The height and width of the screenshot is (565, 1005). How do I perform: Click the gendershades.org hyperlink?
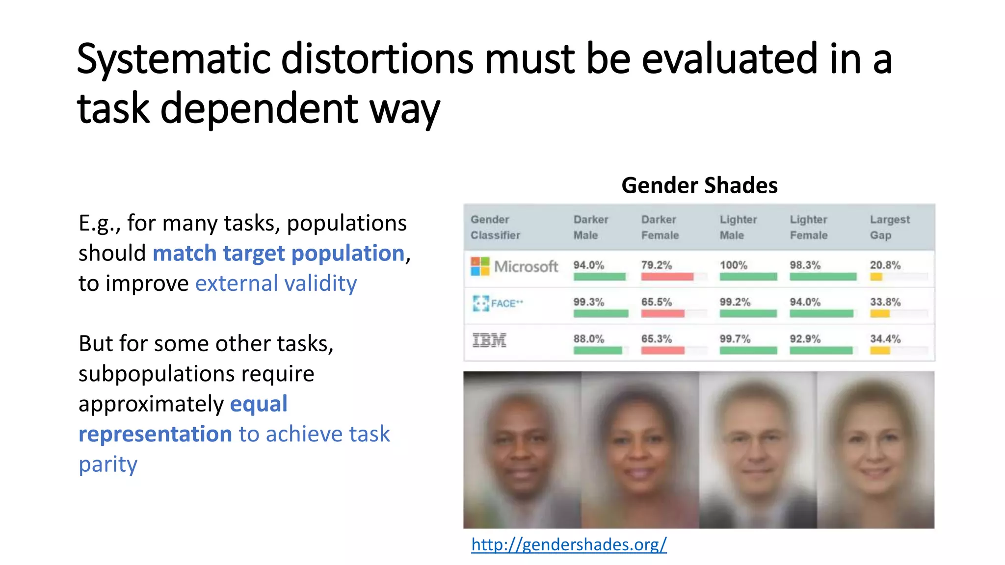(568, 544)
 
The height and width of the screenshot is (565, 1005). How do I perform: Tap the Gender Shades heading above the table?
(699, 185)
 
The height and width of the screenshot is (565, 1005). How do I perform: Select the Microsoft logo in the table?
(480, 266)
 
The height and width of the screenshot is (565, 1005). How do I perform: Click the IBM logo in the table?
(489, 340)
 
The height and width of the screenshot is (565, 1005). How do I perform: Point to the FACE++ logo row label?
(497, 303)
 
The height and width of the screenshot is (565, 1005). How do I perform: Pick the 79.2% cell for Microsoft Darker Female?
(656, 265)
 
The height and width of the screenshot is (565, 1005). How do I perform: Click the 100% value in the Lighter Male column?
(733, 265)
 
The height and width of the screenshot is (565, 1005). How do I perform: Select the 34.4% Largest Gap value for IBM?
(885, 339)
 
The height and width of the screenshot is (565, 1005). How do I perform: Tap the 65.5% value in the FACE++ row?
(656, 302)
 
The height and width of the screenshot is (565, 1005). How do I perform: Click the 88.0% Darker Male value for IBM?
(588, 339)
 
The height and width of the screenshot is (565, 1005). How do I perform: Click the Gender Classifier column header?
(495, 227)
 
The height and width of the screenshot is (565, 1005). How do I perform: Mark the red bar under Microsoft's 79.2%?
(666, 277)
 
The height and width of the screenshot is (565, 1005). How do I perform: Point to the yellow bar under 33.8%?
(879, 314)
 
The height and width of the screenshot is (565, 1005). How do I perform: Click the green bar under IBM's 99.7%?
(748, 350)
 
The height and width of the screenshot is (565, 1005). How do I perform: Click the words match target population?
(279, 254)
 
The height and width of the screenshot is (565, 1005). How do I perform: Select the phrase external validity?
(276, 283)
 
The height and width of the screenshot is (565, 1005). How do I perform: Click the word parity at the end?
(108, 464)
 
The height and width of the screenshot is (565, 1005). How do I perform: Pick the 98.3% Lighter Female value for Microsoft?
(805, 265)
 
